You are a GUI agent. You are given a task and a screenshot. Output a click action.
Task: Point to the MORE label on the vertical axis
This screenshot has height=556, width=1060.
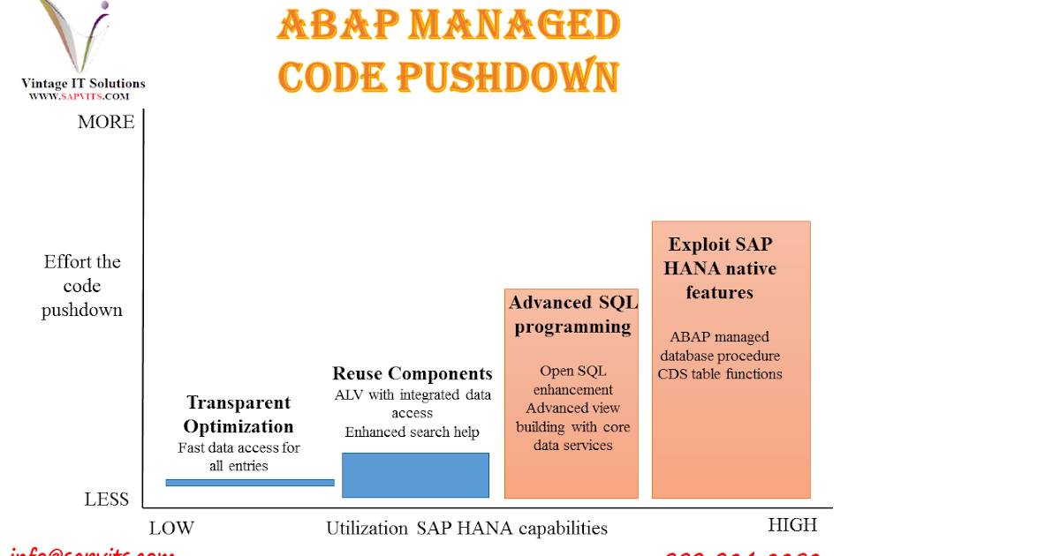pos(106,122)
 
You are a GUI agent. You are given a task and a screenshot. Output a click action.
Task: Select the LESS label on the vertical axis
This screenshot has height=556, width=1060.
pos(107,500)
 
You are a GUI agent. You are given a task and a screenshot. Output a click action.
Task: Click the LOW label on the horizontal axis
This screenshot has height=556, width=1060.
pos(170,529)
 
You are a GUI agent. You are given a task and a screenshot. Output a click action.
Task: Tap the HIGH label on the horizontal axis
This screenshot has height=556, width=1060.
pos(792,525)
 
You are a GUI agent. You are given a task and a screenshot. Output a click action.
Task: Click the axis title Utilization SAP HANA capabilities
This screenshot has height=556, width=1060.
pos(466,529)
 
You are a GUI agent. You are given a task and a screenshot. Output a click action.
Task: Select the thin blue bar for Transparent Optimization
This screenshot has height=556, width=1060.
pos(250,482)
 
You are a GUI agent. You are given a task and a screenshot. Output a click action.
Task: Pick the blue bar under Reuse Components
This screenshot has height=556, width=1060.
pos(415,475)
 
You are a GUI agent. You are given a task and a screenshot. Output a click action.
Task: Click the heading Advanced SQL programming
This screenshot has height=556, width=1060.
pos(572,315)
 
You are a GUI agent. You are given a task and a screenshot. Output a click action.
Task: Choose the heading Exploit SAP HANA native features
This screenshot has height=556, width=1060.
pos(720,268)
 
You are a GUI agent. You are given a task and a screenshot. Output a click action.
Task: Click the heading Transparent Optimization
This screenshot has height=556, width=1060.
pos(238,415)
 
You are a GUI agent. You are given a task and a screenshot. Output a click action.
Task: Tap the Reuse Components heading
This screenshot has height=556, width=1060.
pos(412,373)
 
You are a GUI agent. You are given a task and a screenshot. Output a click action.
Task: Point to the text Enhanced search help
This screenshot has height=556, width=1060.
pos(412,432)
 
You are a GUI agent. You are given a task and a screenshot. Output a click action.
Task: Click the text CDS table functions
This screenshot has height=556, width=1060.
pos(720,373)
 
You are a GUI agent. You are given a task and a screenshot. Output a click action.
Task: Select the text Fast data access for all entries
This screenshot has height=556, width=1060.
pos(238,456)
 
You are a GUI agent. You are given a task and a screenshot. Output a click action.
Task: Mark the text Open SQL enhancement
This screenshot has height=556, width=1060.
pos(572,379)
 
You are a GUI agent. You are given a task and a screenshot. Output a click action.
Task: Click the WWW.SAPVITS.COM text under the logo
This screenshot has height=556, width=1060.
pos(80,96)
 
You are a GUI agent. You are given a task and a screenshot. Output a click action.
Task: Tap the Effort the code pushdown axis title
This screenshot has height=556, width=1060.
pos(82,286)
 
